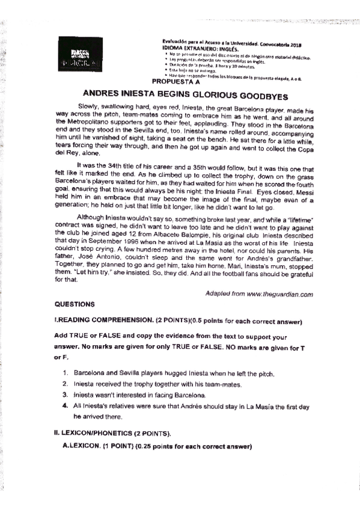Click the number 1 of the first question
tap(66, 374)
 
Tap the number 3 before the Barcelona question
tap(66, 395)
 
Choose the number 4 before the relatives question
tap(66, 406)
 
